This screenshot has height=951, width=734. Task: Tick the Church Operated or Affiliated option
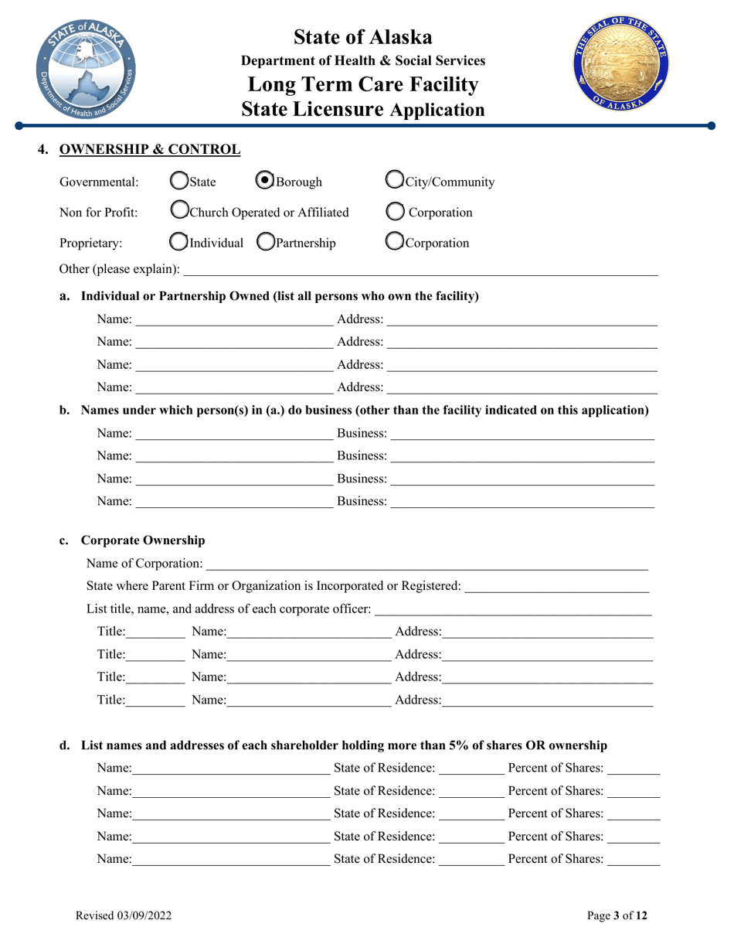178,212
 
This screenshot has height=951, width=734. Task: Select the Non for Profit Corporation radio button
393,213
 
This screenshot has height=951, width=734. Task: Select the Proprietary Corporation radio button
393,243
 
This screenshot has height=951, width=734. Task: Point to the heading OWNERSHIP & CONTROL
150,148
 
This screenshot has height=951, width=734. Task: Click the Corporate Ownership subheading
143,540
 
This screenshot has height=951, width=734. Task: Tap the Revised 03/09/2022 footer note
123,916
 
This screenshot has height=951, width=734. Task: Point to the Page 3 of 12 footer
617,916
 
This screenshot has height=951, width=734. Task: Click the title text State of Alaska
363,36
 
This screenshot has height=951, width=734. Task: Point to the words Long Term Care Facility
363,84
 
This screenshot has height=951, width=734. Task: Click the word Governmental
100,183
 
